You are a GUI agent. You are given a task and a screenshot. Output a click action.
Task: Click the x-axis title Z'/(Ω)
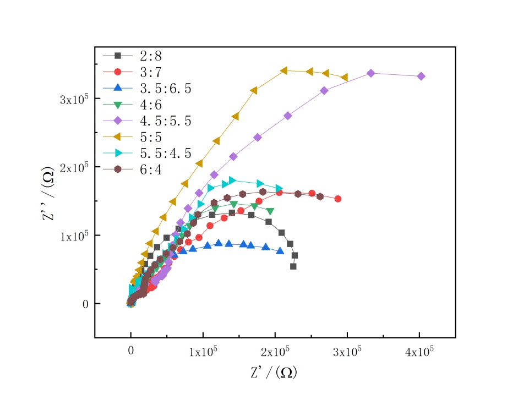point(274,373)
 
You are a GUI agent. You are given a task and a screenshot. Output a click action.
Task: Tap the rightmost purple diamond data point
point(421,76)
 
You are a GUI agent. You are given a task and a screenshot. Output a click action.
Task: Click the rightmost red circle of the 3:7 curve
point(338,199)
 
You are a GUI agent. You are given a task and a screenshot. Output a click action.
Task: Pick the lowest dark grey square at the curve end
point(293,266)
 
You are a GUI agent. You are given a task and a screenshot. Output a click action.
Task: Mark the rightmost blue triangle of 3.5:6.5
point(280,251)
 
